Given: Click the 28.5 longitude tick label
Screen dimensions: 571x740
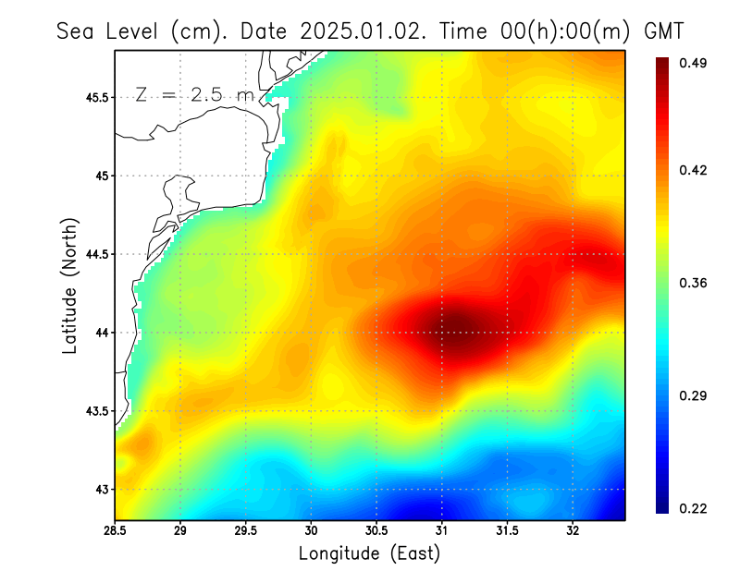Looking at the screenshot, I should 116,530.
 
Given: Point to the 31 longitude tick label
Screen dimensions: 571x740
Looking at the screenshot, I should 442,530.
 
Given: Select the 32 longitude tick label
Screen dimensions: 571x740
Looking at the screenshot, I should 573,530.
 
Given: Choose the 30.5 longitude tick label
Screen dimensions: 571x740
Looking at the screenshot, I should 376,530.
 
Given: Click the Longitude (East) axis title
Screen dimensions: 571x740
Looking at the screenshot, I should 369,553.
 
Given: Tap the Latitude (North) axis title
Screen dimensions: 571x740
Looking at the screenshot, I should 69,285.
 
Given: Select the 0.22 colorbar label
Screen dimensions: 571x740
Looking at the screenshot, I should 696,508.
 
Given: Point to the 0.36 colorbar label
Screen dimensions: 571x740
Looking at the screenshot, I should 696,283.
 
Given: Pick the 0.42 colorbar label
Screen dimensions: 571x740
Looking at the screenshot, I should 696,170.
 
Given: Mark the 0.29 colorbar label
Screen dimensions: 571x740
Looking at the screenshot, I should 696,395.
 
